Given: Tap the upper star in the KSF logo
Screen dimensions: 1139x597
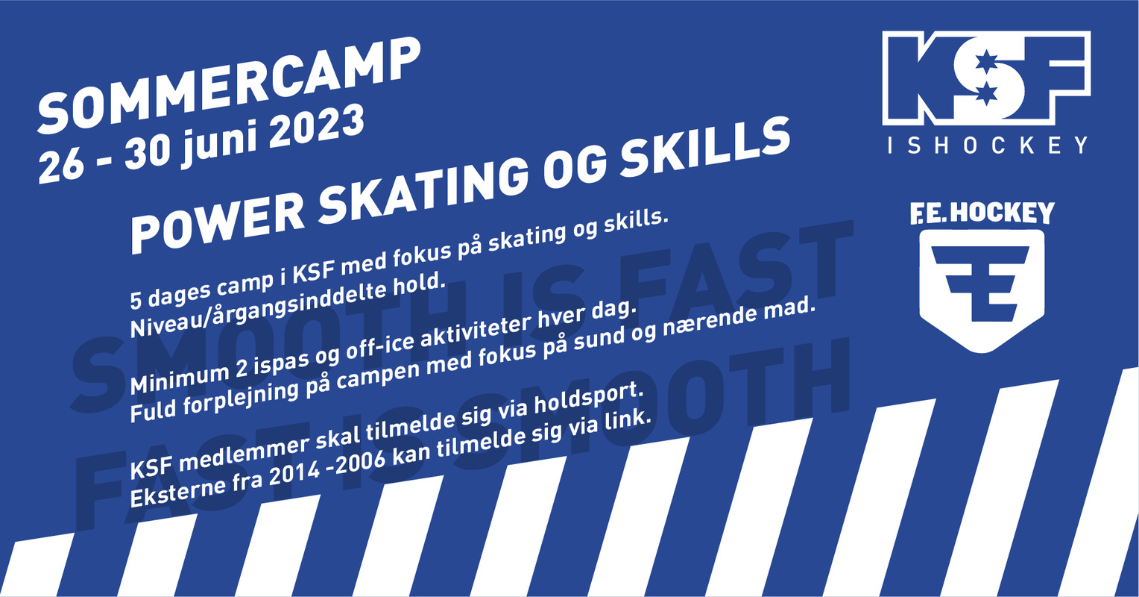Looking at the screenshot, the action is pyautogui.click(x=985, y=62).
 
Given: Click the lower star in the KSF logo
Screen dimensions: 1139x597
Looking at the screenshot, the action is pyautogui.click(x=985, y=93).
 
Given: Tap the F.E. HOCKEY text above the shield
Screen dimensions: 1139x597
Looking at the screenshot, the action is pyautogui.click(x=982, y=213).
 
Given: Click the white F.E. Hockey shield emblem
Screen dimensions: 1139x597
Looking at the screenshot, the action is pyautogui.click(x=982, y=290).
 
